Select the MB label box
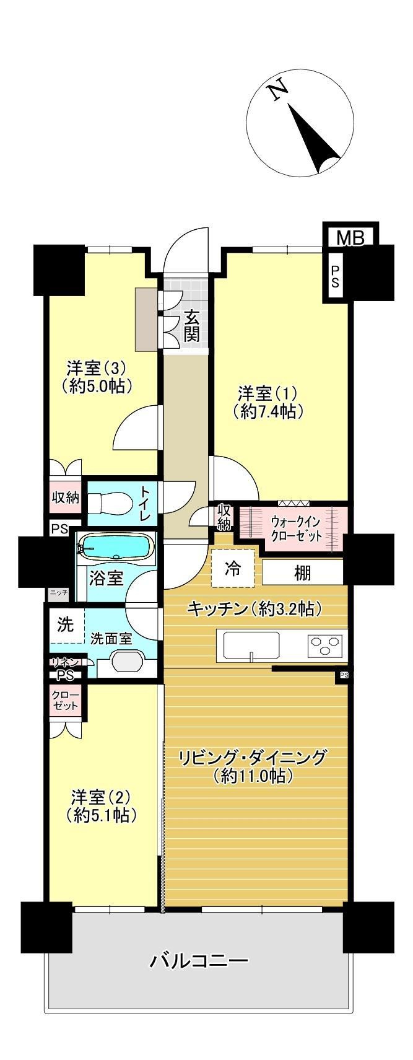click(x=350, y=238)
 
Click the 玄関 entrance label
click(x=190, y=326)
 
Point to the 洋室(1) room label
click(x=267, y=401)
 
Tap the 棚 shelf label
click(x=303, y=572)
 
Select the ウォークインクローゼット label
click(x=296, y=528)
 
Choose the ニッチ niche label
click(x=59, y=592)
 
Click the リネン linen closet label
click(x=66, y=662)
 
